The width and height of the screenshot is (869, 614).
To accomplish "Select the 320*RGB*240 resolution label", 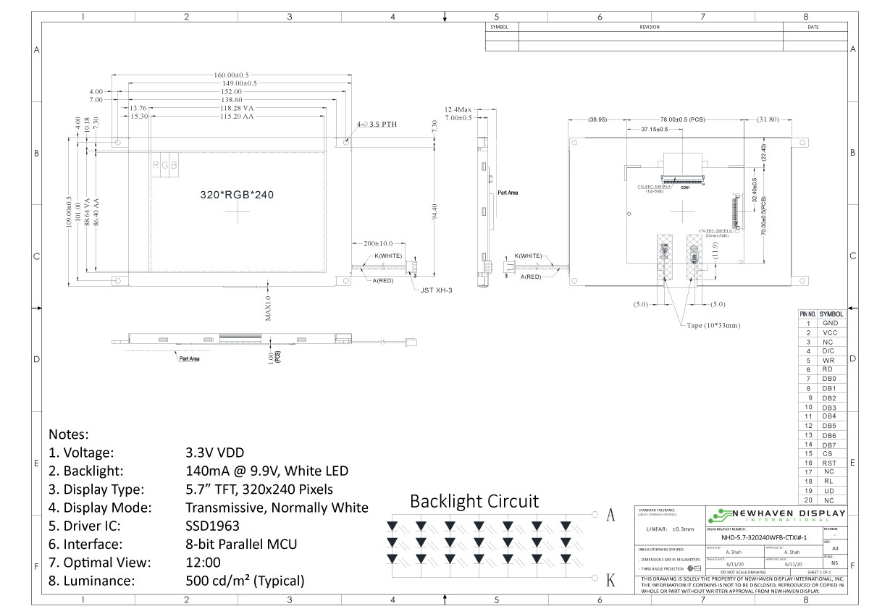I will [236, 195].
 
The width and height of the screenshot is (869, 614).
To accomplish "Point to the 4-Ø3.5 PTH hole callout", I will [377, 125].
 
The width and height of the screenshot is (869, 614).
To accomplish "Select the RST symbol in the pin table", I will [829, 463].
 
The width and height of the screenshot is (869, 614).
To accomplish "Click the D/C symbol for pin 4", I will [829, 350].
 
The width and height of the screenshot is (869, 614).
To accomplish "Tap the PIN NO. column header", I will [807, 314].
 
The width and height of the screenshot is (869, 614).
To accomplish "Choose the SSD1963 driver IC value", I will [212, 526].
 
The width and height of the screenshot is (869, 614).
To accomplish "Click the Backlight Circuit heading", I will [474, 501].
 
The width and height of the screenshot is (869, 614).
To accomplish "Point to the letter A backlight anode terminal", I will [610, 515].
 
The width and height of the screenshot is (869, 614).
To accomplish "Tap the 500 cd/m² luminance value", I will [245, 581].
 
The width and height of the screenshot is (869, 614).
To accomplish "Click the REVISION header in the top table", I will [650, 27].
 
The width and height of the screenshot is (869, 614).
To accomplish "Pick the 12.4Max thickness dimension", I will [458, 109].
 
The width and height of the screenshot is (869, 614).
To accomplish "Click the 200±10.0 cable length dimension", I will [377, 243].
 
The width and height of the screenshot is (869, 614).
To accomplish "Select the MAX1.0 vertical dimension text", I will [267, 307].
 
